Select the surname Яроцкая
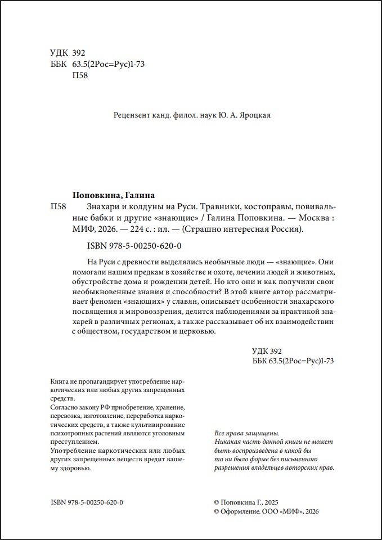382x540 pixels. click(x=255, y=115)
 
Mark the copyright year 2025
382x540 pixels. click(x=267, y=502)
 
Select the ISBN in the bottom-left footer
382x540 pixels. click(x=87, y=502)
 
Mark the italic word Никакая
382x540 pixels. click(x=228, y=442)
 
